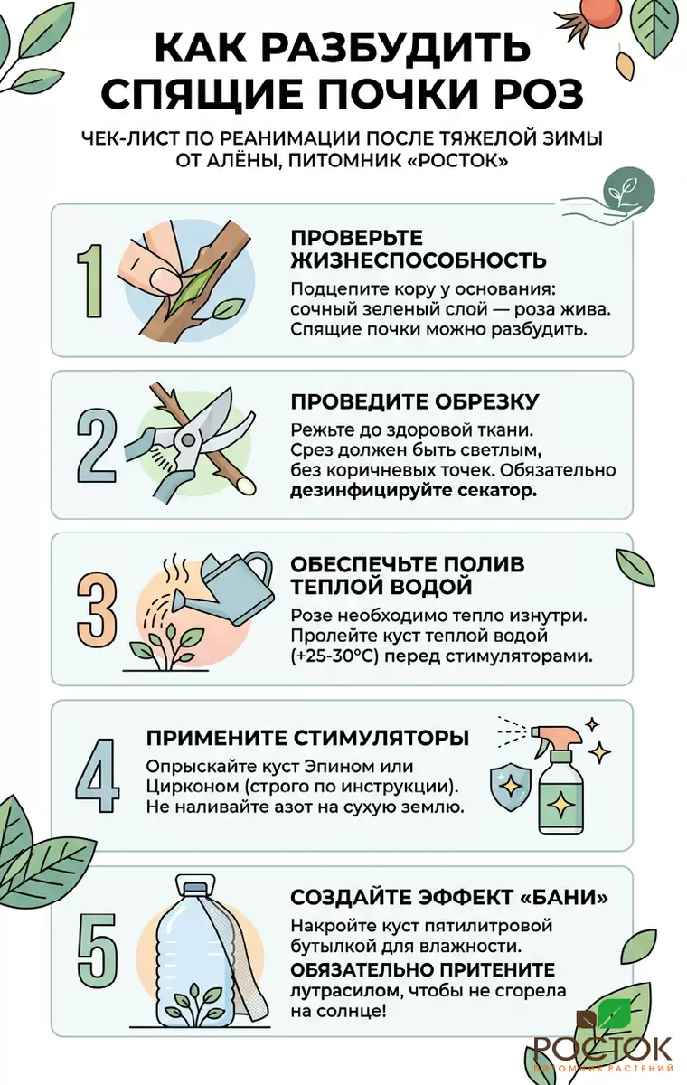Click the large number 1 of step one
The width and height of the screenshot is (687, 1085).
(x=91, y=282)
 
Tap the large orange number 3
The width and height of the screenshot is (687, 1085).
(x=97, y=612)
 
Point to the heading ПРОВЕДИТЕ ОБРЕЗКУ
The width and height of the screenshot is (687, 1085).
(x=414, y=402)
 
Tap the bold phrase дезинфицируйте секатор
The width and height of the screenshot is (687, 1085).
(x=414, y=491)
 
